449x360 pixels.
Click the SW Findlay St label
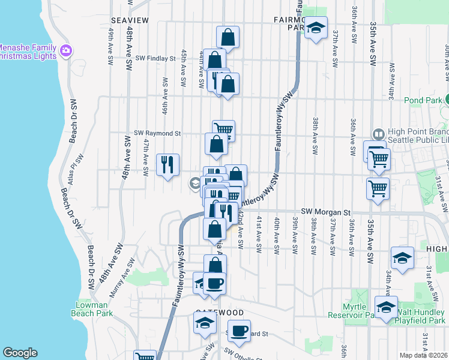(154, 59)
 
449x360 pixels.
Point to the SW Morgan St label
(325, 212)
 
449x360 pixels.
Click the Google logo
(20, 353)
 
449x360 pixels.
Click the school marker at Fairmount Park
(316, 27)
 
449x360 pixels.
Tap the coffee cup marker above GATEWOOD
(214, 283)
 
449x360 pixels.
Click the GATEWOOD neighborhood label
(219, 313)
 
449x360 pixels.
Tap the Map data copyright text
(423, 355)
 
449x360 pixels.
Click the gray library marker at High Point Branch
(379, 134)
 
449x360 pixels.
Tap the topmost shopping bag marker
(228, 37)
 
